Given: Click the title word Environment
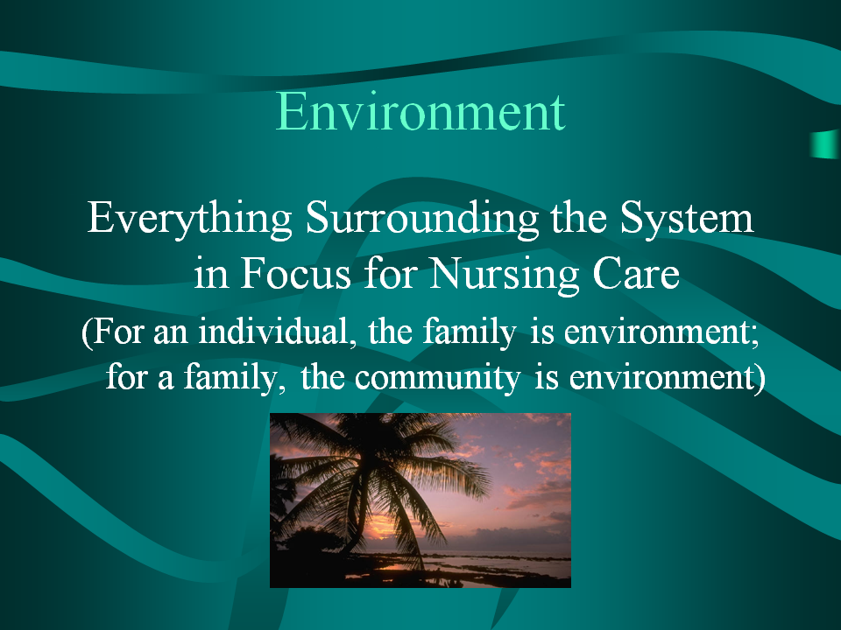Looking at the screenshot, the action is tap(420, 111).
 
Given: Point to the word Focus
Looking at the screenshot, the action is tap(295, 273).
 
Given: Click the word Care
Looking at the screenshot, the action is tap(636, 273).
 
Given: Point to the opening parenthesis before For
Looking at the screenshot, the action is tap(87, 332).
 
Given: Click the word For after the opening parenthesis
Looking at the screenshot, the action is tap(118, 331).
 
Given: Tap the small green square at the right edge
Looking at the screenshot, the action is tap(825, 144).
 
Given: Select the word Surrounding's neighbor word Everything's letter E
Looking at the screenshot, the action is tap(100, 217).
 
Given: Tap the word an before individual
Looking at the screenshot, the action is tap(171, 333).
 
